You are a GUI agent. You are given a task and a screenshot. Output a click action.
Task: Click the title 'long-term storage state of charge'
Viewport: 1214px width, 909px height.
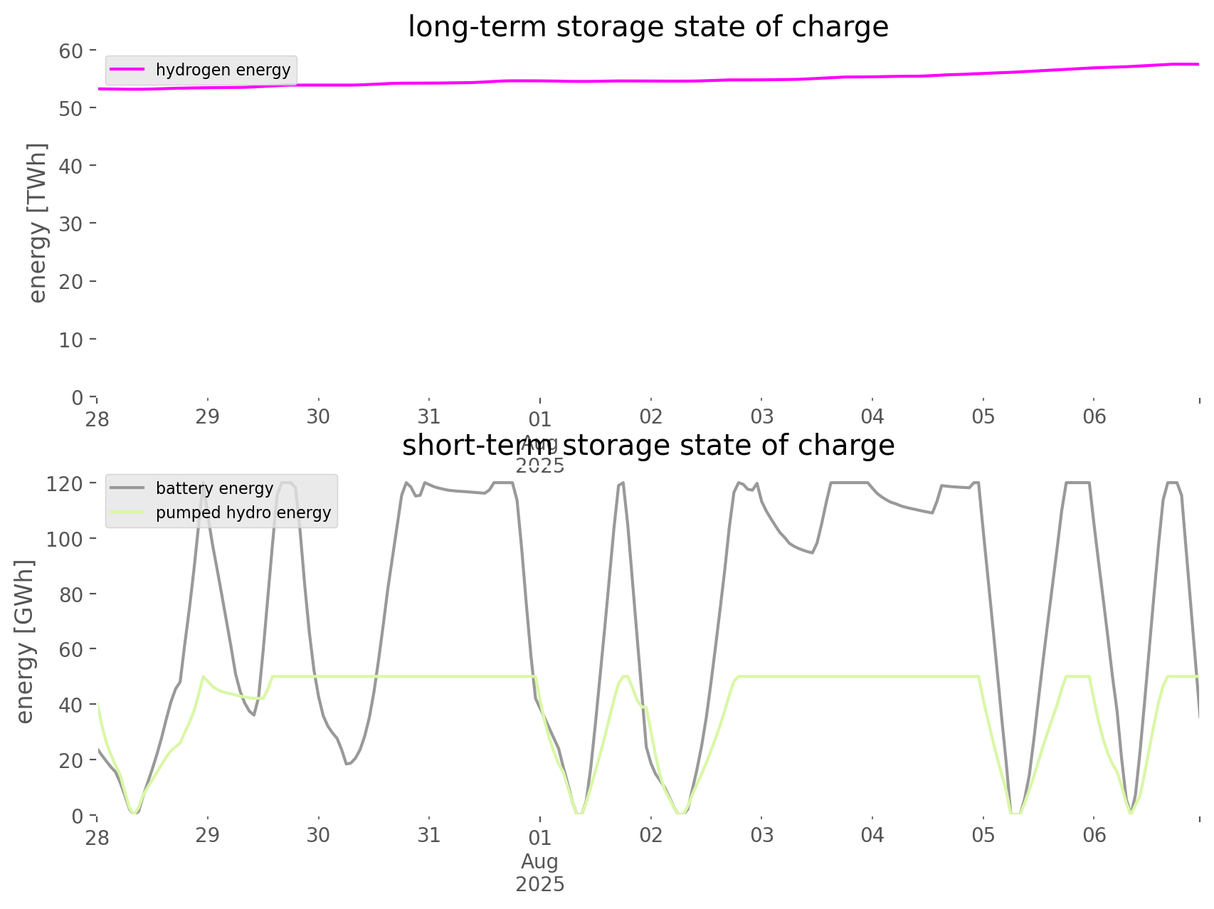pyautogui.click(x=648, y=27)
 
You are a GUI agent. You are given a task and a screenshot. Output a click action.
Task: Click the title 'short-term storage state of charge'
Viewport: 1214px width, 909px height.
pyautogui.click(x=648, y=446)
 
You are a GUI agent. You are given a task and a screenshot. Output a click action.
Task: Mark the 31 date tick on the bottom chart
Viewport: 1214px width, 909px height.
pyautogui.click(x=429, y=835)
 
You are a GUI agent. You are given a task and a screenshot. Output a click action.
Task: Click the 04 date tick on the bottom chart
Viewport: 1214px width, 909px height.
pyautogui.click(x=872, y=835)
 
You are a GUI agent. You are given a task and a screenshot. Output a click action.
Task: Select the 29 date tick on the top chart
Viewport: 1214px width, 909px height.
pyautogui.click(x=208, y=416)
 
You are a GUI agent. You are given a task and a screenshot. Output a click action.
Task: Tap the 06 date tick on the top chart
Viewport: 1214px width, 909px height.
pyautogui.click(x=1094, y=416)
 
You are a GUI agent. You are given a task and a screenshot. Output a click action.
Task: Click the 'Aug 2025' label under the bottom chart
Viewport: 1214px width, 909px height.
pyautogui.click(x=540, y=873)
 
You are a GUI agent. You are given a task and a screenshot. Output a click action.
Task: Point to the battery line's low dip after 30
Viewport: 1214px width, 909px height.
pyautogui.click(x=347, y=764)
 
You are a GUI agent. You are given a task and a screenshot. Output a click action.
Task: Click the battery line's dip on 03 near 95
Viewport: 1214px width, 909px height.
pyautogui.click(x=812, y=552)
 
